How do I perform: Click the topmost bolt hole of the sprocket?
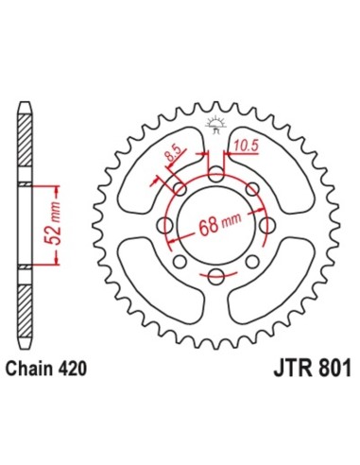pyautogui.click(x=215, y=177)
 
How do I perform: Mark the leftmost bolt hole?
pyautogui.click(x=167, y=226)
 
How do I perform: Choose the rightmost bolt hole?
pyautogui.click(x=265, y=226)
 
